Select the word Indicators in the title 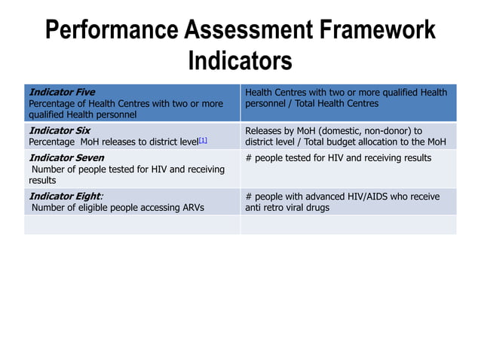click(240, 59)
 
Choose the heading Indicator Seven click(66, 158)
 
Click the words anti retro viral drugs click(287, 207)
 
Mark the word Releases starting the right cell click(264, 130)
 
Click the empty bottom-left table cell click(132, 224)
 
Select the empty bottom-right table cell click(348, 224)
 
